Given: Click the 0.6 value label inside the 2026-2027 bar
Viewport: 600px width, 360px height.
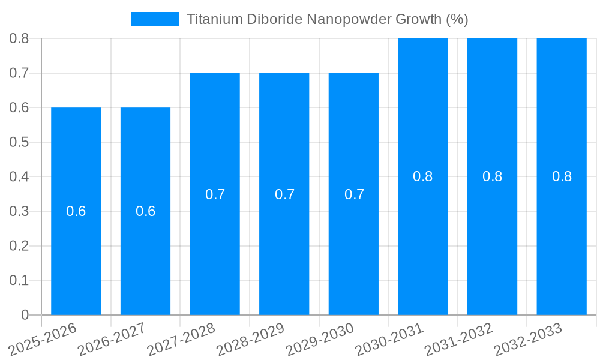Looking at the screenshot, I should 145,211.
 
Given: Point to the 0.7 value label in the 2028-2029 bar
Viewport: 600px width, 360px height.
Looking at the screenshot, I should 284,194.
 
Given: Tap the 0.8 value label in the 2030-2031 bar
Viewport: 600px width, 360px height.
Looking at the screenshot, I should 423,176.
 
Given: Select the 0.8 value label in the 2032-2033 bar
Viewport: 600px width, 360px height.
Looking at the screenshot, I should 562,176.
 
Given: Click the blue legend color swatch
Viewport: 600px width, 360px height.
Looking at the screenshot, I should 155,19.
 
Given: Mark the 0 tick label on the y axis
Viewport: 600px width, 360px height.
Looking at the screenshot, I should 25,315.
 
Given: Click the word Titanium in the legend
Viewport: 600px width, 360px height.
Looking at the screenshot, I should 214,19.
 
